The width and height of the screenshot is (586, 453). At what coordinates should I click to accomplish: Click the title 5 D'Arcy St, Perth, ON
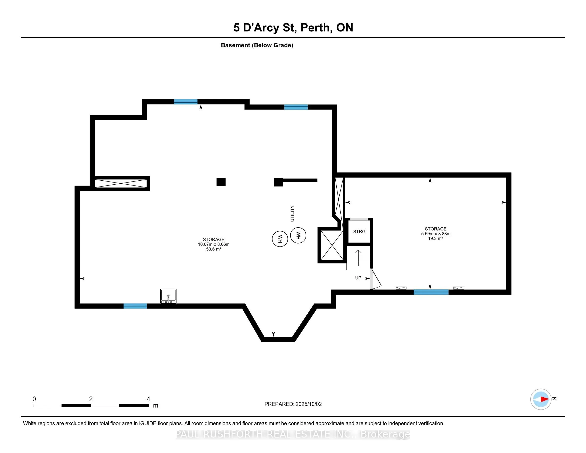pyautogui.click(x=293, y=28)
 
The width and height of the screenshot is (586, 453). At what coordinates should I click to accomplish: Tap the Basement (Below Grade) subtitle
pyautogui.click(x=257, y=45)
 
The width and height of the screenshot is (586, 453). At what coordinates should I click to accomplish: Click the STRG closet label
pyautogui.click(x=359, y=232)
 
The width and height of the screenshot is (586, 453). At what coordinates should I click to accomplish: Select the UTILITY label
pyautogui.click(x=292, y=214)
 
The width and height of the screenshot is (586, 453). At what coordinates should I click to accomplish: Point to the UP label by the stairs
pyautogui.click(x=358, y=278)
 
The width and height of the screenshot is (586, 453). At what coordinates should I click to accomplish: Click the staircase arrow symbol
pyautogui.click(x=359, y=258)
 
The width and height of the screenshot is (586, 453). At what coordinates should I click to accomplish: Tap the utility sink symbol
pyautogui.click(x=168, y=296)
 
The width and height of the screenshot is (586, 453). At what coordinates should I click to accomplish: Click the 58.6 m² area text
pyautogui.click(x=214, y=249)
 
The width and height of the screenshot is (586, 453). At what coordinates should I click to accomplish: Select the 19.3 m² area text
pyautogui.click(x=436, y=238)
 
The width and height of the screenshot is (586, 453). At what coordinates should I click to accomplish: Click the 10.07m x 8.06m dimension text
pyautogui.click(x=214, y=244)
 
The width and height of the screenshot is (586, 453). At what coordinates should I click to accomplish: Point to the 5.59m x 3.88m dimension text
pyautogui.click(x=436, y=233)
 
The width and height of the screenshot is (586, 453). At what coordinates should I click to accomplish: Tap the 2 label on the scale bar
pyautogui.click(x=91, y=399)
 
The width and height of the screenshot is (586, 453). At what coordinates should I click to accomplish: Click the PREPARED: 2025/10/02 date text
pyautogui.click(x=293, y=404)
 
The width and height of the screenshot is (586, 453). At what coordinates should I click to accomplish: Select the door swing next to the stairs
pyautogui.click(x=376, y=279)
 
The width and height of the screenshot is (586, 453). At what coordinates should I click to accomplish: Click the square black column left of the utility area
pyautogui.click(x=221, y=182)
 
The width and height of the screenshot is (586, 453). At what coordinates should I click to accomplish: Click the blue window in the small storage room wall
pyautogui.click(x=431, y=292)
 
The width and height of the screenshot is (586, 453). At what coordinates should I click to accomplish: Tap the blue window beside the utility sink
pyautogui.click(x=135, y=306)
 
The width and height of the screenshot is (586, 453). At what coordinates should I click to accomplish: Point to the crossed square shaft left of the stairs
pyautogui.click(x=332, y=245)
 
